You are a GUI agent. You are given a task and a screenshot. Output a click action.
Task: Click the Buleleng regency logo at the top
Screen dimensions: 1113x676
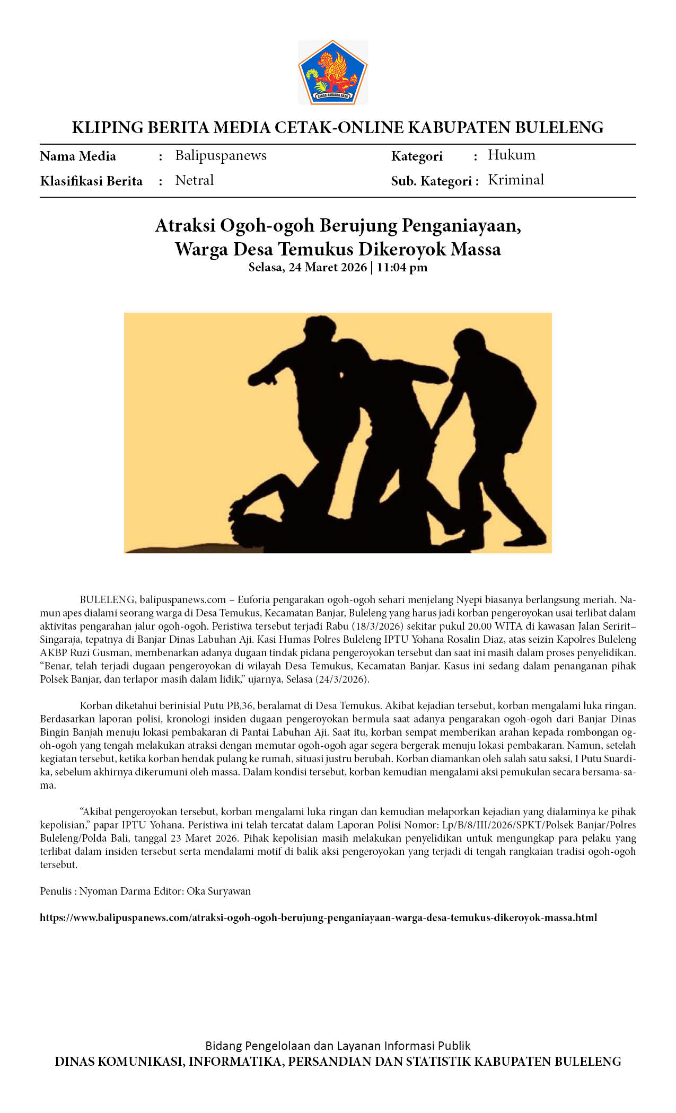(332, 72)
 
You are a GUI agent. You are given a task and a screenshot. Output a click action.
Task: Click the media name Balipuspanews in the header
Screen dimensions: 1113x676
(221, 155)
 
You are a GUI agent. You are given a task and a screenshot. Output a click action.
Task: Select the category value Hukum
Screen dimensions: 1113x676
(511, 155)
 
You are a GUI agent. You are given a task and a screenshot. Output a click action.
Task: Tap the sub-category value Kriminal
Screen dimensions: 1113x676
(515, 180)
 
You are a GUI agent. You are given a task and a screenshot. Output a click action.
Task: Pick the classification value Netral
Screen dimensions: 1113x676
(194, 180)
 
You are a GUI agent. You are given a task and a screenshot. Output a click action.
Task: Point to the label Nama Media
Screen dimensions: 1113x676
(78, 156)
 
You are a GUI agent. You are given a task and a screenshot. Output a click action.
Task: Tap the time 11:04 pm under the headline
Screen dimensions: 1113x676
(402, 267)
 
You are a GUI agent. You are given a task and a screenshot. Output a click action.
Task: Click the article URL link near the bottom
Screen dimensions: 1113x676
(318, 917)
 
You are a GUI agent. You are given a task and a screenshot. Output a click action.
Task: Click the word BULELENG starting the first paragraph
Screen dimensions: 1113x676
(107, 599)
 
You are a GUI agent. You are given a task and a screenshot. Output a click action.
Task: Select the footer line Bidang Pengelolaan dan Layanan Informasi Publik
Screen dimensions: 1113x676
(338, 1045)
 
